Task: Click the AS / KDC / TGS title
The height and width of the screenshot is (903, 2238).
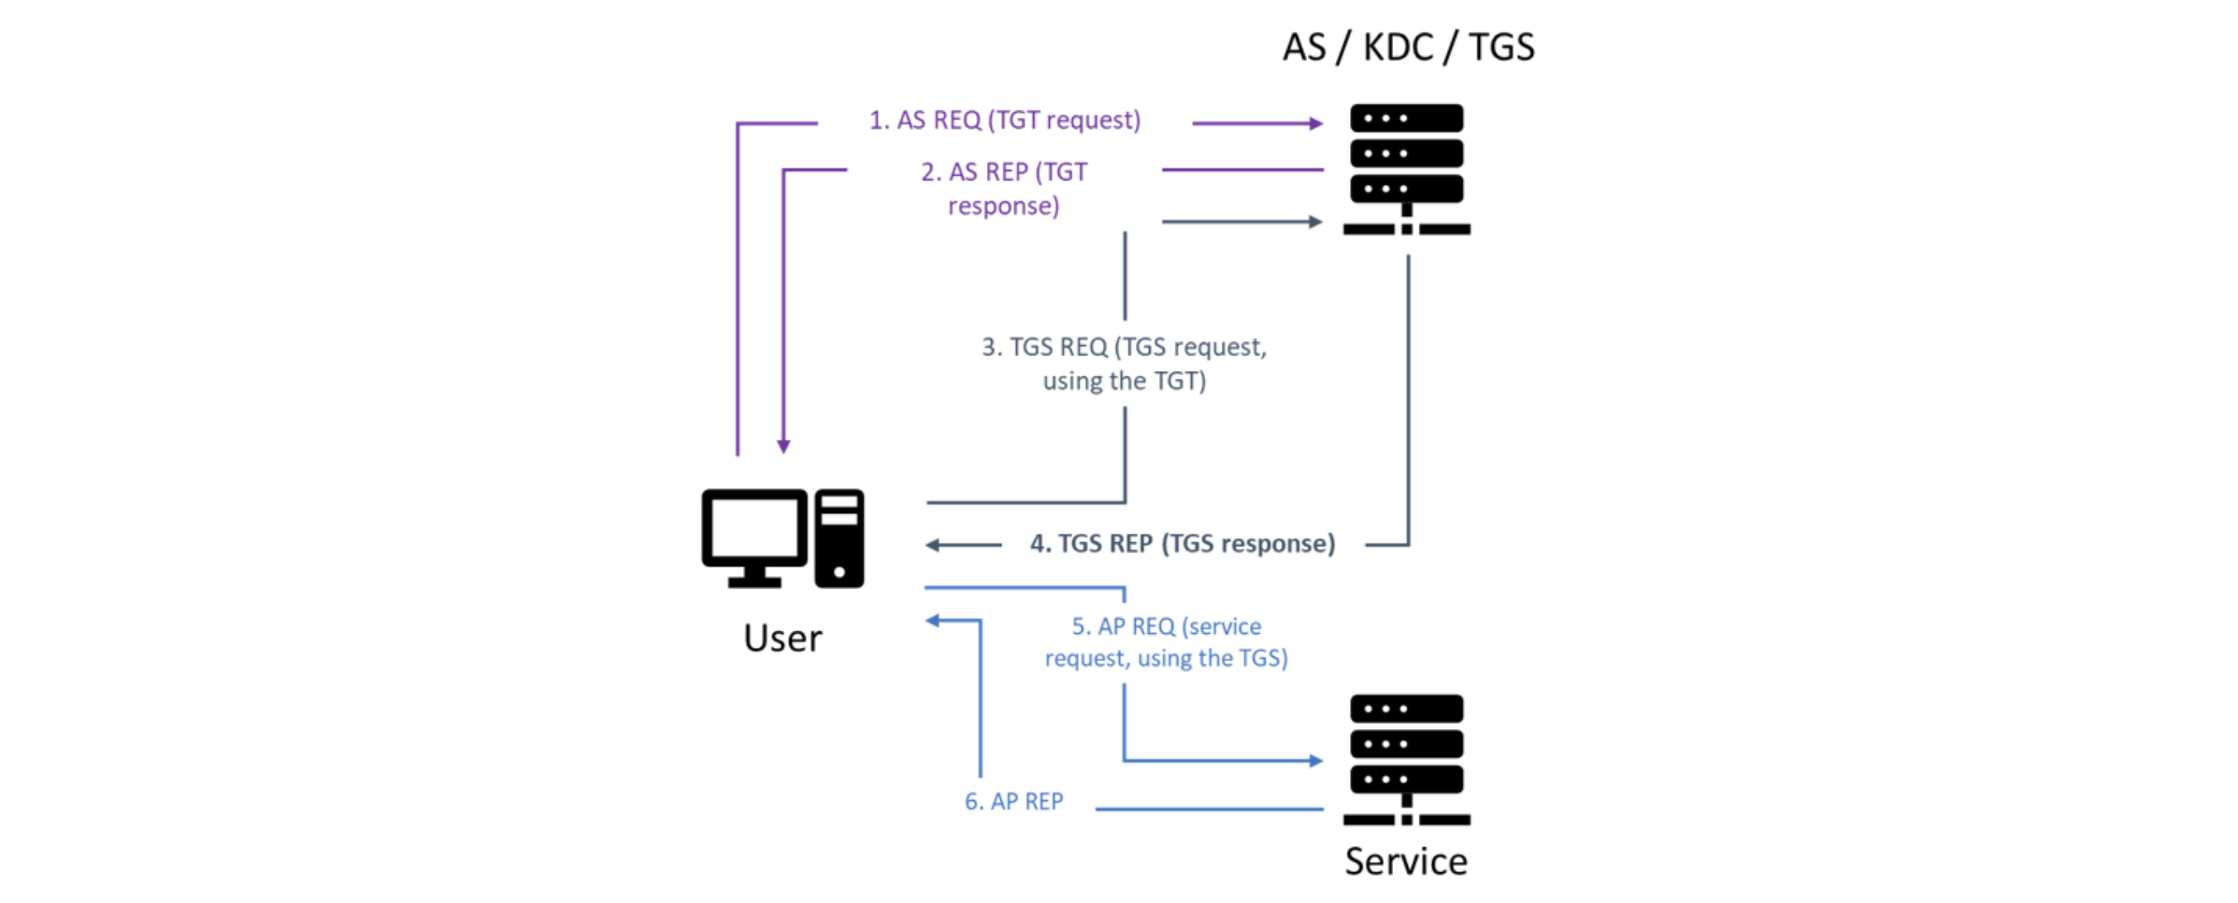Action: [1408, 47]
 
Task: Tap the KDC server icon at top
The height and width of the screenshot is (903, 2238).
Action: [1406, 168]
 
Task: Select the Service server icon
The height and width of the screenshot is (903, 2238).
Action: [1406, 759]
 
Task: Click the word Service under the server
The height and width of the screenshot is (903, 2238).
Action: [1406, 861]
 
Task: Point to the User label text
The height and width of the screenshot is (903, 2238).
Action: [782, 638]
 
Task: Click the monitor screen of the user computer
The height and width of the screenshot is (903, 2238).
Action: [754, 529]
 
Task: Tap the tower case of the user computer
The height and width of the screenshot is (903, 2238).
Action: [839, 538]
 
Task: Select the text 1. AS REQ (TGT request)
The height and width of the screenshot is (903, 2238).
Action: [1005, 121]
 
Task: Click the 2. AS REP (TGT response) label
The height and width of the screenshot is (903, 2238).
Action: [1004, 189]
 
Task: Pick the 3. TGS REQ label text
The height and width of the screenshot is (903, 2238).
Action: [1124, 364]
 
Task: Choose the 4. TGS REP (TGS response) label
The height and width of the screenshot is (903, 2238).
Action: [1183, 544]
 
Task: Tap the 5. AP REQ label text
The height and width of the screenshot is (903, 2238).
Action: [1166, 642]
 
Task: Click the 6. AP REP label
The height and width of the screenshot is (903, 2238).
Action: [1013, 802]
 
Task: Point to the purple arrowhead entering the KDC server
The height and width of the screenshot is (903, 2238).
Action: [1316, 123]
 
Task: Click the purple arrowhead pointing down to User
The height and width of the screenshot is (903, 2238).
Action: [783, 447]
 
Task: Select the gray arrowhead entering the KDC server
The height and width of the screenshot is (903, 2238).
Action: [1316, 222]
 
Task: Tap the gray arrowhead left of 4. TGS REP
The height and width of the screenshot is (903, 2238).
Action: [933, 545]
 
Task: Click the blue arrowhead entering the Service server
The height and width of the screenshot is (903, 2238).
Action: [1316, 761]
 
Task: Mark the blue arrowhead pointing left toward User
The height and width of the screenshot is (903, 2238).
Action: [933, 621]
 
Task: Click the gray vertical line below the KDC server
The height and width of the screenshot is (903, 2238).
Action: [1408, 393]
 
